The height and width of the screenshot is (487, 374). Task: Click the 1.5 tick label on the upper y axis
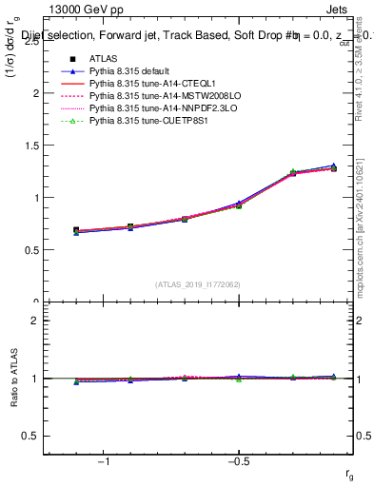(x=30, y=146)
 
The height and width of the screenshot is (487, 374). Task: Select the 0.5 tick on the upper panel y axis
(x=30, y=250)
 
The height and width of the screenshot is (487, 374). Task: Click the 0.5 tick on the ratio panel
(x=30, y=436)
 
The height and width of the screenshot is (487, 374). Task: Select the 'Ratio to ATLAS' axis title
(x=12, y=378)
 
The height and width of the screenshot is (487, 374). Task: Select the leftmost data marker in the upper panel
(x=76, y=230)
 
